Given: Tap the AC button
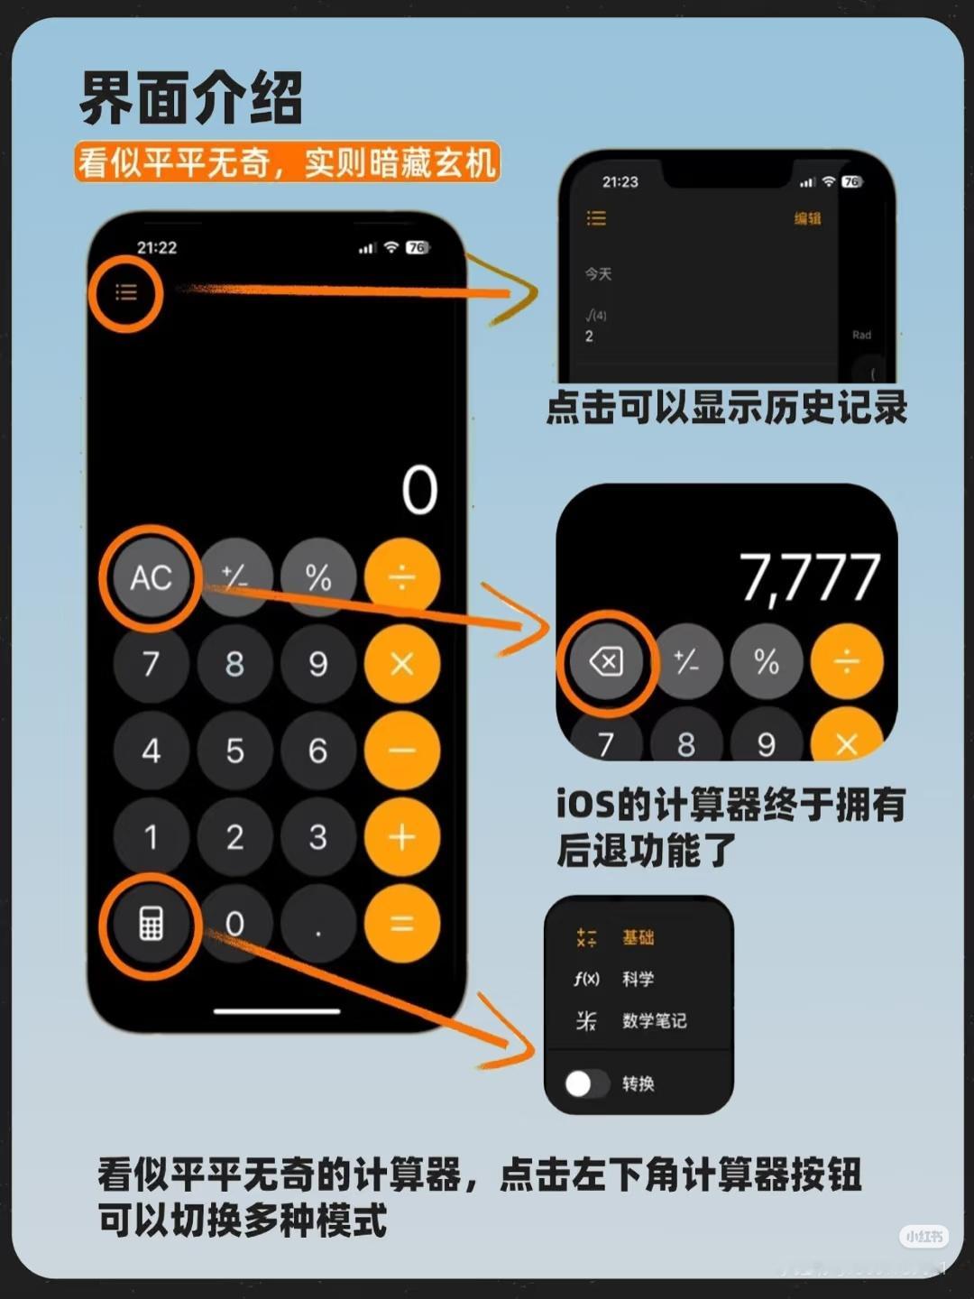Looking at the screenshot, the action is (x=152, y=577).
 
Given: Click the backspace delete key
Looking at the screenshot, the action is (x=606, y=661).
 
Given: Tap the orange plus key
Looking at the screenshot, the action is (x=402, y=837).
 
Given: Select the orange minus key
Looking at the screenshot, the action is (x=402, y=751).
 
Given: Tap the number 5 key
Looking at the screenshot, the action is (x=234, y=751).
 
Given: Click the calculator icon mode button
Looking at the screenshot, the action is (x=152, y=924).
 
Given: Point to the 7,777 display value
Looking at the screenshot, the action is (x=810, y=579).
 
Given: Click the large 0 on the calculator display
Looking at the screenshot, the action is (x=419, y=490).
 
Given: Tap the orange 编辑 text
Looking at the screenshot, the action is (x=807, y=218).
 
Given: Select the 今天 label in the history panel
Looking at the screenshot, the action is (x=598, y=274).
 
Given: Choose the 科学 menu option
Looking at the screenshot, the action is (x=639, y=978).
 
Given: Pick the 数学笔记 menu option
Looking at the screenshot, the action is (x=655, y=1020).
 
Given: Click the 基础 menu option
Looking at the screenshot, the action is (x=639, y=937).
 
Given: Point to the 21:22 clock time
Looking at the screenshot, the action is (x=157, y=247).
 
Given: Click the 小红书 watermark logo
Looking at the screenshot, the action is (x=923, y=1236).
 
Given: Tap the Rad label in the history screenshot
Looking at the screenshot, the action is (x=861, y=335).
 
